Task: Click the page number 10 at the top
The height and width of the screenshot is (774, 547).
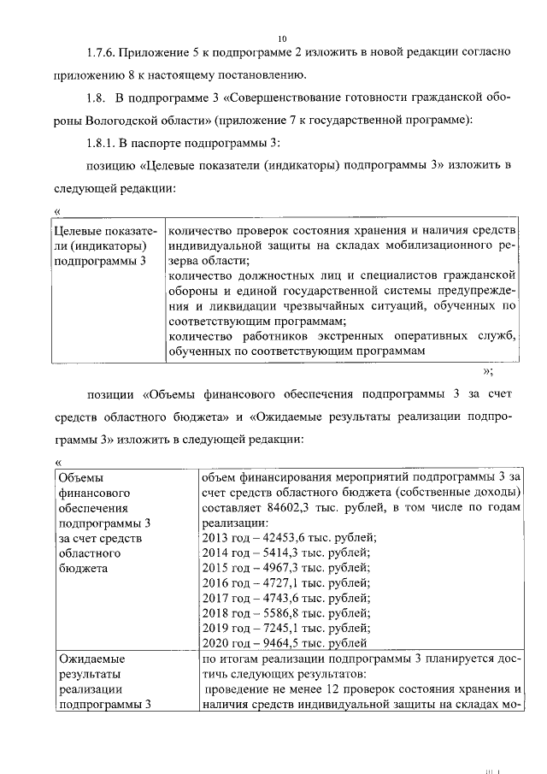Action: pyautogui.click(x=282, y=38)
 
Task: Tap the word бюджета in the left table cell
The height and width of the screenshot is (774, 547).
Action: pyautogui.click(x=82, y=568)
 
